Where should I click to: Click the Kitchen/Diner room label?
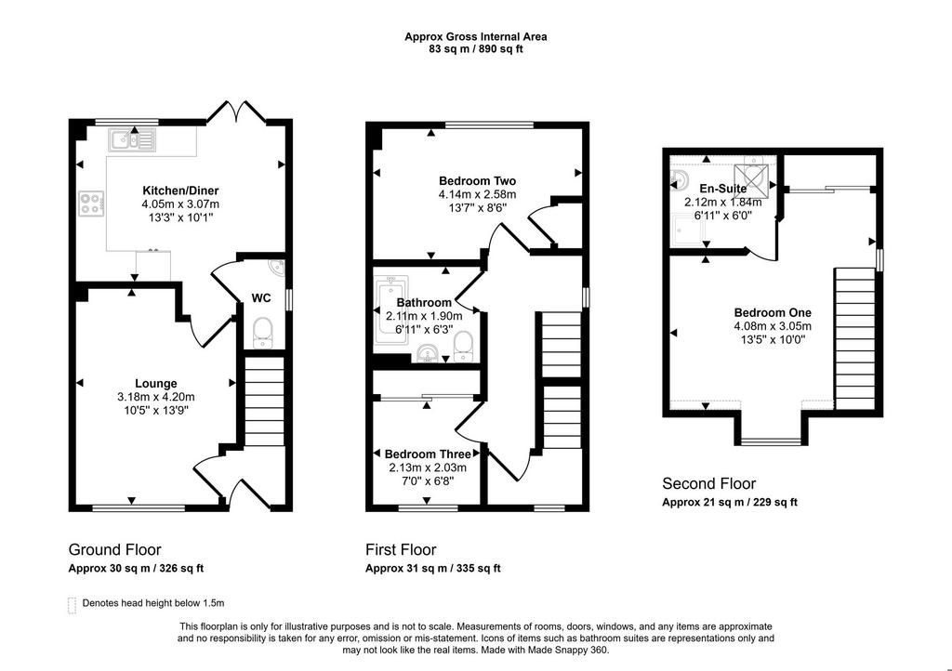[180, 191]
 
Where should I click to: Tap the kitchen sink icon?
[132, 139]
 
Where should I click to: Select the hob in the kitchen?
[91, 203]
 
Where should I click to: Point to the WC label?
[261, 298]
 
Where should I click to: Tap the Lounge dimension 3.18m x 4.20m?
[156, 397]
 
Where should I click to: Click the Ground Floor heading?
[114, 549]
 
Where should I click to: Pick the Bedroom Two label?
[477, 181]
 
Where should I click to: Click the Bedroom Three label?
[428, 454]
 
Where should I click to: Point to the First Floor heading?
[401, 549]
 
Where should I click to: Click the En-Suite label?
[723, 188]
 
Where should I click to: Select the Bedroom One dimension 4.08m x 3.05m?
[773, 326]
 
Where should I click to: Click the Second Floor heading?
[708, 483]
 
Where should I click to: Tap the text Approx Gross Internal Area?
[476, 36]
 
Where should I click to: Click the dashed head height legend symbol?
[73, 605]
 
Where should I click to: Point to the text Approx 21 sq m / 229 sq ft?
[729, 503]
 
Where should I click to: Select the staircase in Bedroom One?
[855, 338]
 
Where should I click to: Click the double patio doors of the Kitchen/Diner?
[237, 112]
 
